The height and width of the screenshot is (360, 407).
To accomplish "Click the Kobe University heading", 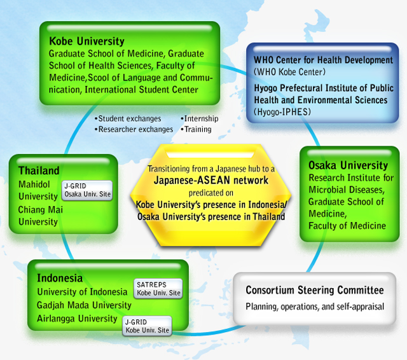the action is click(86, 41).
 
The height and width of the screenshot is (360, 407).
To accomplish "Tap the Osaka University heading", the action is click(348, 165).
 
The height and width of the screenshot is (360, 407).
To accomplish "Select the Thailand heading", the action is click(39, 170).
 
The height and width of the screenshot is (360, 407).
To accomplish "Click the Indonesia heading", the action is click(60, 278).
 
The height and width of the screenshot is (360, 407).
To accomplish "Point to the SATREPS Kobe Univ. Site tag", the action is click(158, 289).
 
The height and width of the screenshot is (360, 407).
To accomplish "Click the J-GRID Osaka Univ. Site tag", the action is click(87, 190).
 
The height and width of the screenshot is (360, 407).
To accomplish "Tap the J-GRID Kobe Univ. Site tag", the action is click(147, 326).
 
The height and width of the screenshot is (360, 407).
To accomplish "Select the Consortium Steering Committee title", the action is click(315, 290).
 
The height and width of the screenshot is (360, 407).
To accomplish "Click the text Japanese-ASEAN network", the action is click(211, 180).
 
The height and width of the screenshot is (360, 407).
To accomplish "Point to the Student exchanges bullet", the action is click(128, 118).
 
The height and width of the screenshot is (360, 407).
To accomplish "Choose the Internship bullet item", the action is click(199, 118).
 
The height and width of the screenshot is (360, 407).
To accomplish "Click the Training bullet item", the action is click(196, 129).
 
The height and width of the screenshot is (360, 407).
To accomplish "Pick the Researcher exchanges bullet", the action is click(134, 129).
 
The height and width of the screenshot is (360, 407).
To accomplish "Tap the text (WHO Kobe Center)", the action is click(289, 72).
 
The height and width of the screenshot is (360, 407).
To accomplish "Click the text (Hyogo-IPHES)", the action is click(282, 112).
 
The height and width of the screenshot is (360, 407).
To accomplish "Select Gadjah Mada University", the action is click(84, 305).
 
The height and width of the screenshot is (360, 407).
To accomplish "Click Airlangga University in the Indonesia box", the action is click(77, 319).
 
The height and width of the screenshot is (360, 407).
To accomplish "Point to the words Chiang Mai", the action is click(41, 209).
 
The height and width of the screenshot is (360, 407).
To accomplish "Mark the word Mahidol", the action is click(34, 184).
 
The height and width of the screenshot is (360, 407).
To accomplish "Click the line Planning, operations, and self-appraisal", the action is click(315, 307).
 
